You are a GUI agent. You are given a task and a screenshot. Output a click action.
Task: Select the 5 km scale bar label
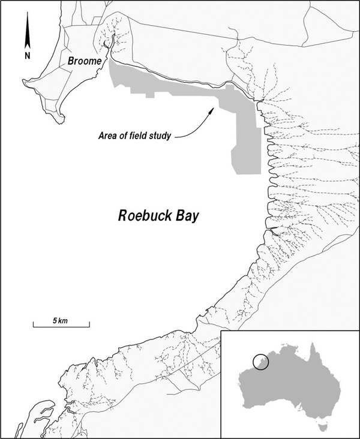tap(60, 321)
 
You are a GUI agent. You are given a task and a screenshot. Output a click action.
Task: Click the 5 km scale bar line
tap(61, 327)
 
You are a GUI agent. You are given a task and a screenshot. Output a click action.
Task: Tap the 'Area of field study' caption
tap(135, 136)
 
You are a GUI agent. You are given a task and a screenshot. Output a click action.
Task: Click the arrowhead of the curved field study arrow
tap(211, 110)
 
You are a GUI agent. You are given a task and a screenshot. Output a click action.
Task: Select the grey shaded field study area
tap(246, 138)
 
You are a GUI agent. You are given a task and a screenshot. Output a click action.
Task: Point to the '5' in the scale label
tap(54, 321)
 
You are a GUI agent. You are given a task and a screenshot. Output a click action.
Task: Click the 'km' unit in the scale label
tap(63, 321)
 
